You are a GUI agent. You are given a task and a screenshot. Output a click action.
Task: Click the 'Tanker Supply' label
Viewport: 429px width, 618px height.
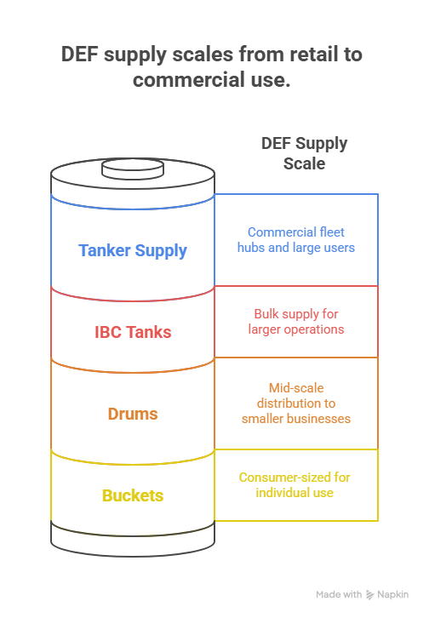pos(133,251)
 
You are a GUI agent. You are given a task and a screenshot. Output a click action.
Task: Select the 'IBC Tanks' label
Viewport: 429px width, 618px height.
pos(133,332)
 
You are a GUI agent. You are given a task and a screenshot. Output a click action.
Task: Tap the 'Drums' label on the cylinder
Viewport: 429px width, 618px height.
pos(133,414)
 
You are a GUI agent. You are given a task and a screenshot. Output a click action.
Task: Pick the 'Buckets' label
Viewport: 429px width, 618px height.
pos(133,495)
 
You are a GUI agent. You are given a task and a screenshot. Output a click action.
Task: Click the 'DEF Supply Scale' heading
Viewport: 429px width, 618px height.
pos(304,153)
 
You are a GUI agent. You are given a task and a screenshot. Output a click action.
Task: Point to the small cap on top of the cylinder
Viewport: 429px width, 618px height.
pos(133,169)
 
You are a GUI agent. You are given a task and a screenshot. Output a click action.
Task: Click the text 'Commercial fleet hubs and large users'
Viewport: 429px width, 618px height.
pos(296,240)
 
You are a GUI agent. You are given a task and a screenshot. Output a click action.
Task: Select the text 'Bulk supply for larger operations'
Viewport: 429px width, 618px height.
pos(296,322)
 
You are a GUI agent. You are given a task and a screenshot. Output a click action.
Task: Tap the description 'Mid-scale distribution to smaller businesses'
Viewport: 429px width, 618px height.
pos(296,403)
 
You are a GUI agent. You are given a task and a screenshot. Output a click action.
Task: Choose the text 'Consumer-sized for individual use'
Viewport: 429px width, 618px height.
pos(295,485)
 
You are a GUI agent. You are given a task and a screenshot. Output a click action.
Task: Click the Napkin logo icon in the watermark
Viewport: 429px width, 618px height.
pos(369,595)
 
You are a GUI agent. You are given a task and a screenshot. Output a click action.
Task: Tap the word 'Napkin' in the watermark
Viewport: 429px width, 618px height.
pos(392,595)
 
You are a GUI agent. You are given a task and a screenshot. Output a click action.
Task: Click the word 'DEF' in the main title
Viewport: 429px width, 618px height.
pos(79,54)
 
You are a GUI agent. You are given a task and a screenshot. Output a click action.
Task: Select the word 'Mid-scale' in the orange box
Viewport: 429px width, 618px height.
pos(296,388)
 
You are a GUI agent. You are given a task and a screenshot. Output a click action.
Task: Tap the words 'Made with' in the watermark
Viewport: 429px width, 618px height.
pos(339,595)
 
